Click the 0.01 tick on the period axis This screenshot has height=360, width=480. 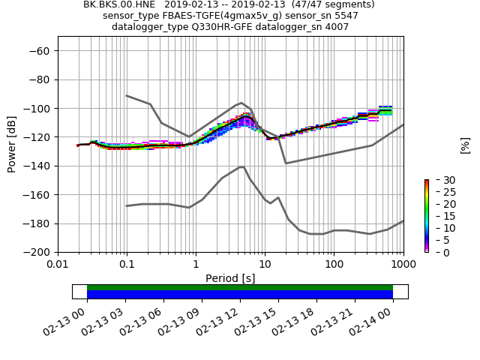coord(58,264)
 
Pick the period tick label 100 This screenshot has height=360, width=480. coord(334,264)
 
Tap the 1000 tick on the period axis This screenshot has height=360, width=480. coord(403,264)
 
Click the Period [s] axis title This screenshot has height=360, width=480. coord(230,278)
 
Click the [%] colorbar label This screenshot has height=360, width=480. coord(465,145)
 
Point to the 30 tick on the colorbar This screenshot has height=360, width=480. coord(441,181)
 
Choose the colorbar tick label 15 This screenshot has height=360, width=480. coord(441,217)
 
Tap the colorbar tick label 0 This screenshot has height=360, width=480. coord(438,253)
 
